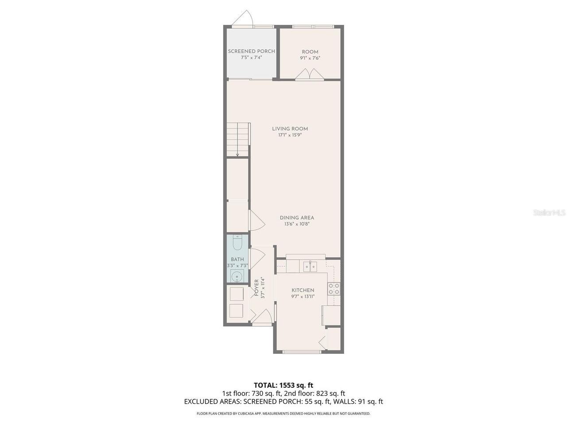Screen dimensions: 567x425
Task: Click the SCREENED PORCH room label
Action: (x=251, y=51)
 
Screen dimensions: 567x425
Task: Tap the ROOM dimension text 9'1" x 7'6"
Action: (x=310, y=58)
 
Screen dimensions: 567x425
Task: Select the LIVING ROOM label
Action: (x=290, y=128)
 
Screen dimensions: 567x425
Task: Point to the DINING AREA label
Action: (x=297, y=217)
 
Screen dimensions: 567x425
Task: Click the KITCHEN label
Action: (x=303, y=290)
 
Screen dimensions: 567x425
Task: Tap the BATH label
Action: (x=237, y=259)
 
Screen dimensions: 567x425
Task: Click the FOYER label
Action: (x=256, y=287)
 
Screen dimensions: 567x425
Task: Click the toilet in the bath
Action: (x=237, y=243)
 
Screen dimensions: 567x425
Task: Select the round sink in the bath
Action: (x=237, y=277)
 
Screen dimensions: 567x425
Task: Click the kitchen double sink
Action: (x=310, y=267)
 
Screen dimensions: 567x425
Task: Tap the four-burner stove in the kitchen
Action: (x=334, y=289)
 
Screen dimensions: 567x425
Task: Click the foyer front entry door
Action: (x=262, y=317)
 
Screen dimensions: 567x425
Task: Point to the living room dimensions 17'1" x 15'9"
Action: (x=290, y=135)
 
